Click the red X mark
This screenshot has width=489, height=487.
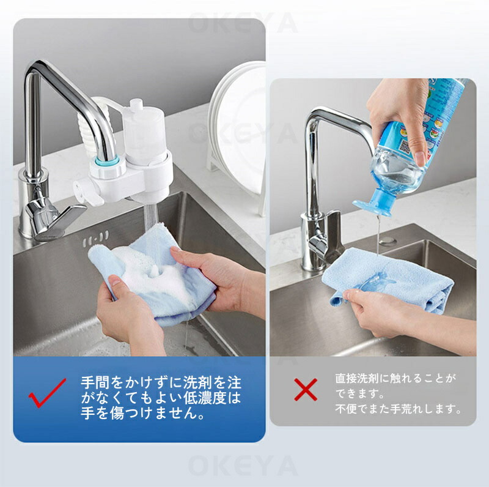(306, 390)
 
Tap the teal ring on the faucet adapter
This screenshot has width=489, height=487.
(108, 162)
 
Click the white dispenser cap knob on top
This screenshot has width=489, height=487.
(136, 105)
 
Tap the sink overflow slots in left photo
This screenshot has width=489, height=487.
(96, 238)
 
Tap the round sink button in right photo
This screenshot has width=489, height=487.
(388, 240)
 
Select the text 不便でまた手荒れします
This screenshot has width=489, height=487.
(398, 409)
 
